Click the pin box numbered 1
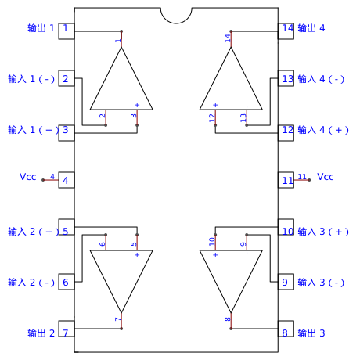click(x=67, y=31)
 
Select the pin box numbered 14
click(x=286, y=31)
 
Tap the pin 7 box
click(x=67, y=329)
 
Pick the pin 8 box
click(x=286, y=329)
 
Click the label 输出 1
click(x=41, y=28)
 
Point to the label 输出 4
click(x=311, y=28)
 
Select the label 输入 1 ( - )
click(x=31, y=79)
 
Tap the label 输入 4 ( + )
click(x=323, y=130)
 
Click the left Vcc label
click(x=27, y=177)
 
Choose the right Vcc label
click(x=326, y=177)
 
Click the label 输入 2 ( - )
click(x=31, y=283)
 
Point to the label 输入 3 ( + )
click(x=323, y=232)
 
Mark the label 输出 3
click(x=311, y=333)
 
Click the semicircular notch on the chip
click(x=176, y=23)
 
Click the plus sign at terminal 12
click(x=215, y=105)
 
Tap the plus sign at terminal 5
click(x=137, y=255)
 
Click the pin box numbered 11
click(x=286, y=180)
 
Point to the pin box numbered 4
click(x=67, y=180)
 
